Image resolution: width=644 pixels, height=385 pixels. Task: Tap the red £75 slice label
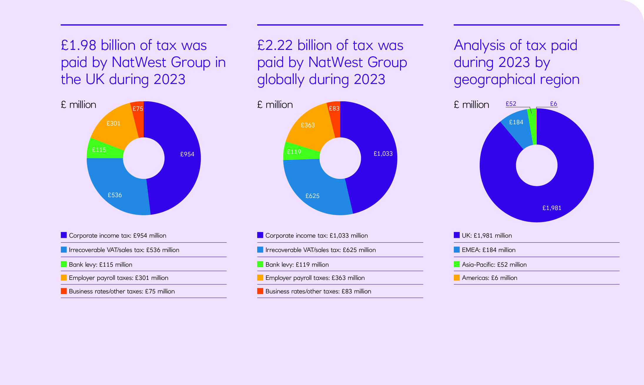138,109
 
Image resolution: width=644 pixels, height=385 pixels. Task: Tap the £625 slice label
312,196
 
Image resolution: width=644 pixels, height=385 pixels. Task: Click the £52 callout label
511,104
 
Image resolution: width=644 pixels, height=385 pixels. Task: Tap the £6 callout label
553,104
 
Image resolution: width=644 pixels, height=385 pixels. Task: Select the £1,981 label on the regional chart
552,208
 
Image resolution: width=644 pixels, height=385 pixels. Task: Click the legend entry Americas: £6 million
489,278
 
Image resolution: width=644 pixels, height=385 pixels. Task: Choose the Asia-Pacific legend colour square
456,264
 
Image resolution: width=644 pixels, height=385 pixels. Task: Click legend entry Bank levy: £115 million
101,265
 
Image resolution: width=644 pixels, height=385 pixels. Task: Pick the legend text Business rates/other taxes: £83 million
318,291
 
